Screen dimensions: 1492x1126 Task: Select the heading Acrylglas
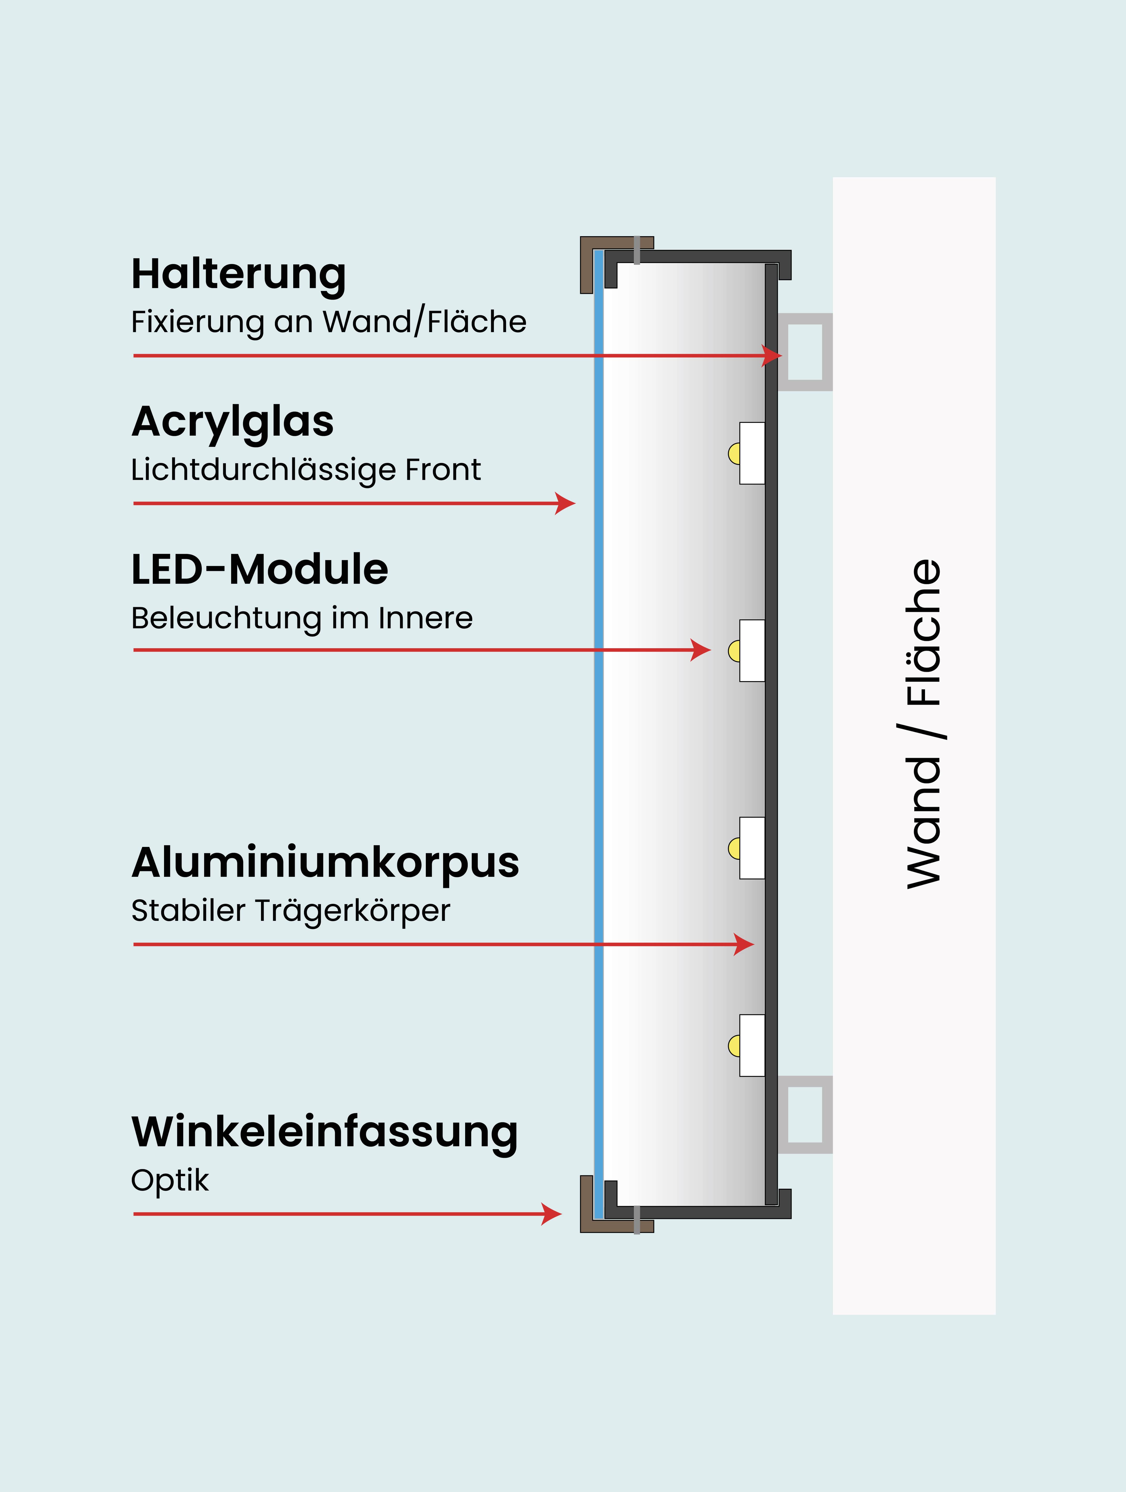(x=233, y=421)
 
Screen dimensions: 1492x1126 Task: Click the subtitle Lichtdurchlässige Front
(x=306, y=469)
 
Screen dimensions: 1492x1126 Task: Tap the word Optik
(x=170, y=1180)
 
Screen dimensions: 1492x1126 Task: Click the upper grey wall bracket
(x=805, y=352)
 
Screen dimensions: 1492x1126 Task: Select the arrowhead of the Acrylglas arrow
(x=566, y=503)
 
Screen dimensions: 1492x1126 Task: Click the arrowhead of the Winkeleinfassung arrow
(x=553, y=1214)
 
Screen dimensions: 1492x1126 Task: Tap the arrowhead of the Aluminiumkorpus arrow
(x=745, y=944)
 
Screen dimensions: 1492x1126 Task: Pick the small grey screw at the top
(x=637, y=250)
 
